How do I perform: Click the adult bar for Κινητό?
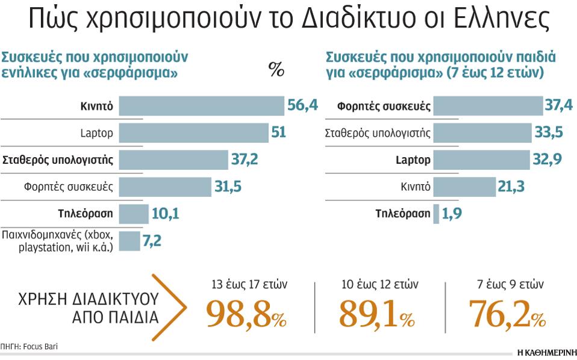click(201, 107)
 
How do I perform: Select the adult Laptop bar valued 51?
click(193, 132)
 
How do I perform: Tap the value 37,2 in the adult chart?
click(245, 160)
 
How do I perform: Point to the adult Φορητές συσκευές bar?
click(165, 187)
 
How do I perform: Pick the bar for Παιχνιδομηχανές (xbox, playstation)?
click(129, 241)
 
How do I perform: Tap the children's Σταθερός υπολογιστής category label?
click(378, 133)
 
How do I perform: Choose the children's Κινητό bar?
click(463, 187)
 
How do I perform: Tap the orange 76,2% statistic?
click(506, 314)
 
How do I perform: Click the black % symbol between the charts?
click(276, 70)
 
